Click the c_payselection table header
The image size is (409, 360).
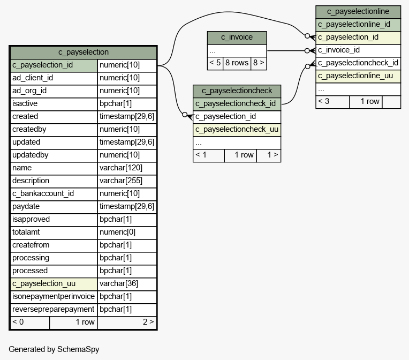tap(83, 52)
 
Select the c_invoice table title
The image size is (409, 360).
tap(237, 37)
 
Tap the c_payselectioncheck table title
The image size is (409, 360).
tap(237, 91)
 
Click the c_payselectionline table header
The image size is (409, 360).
tap(358, 12)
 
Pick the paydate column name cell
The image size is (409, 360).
tap(54, 206)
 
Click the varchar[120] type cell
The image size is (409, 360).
tap(127, 168)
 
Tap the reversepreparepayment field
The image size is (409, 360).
tap(54, 309)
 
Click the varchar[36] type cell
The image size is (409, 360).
tap(127, 283)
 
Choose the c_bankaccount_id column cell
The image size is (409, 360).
tap(54, 194)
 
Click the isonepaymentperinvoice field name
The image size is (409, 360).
tap(54, 297)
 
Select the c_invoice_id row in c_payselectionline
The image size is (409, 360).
tap(358, 50)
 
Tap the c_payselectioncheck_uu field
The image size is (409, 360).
tap(237, 130)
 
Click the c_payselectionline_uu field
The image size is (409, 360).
tap(358, 76)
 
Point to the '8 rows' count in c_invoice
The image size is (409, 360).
tap(237, 63)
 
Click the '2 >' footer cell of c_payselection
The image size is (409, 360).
tap(127, 322)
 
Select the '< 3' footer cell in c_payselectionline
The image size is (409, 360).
tap(332, 102)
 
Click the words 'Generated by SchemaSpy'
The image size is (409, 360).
tap(54, 349)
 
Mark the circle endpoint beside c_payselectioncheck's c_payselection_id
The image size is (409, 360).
tap(185, 115)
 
